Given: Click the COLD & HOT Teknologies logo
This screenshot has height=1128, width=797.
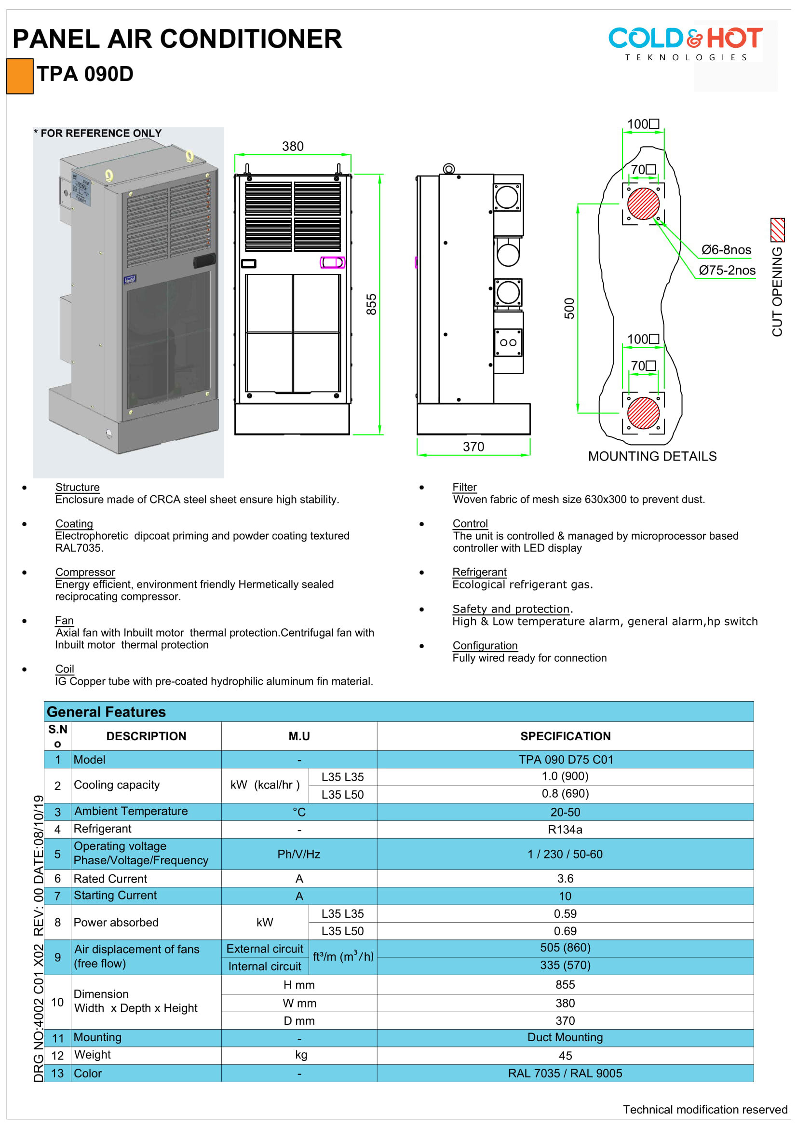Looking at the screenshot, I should (x=685, y=43).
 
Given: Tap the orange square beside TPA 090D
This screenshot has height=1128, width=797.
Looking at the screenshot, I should (x=20, y=76).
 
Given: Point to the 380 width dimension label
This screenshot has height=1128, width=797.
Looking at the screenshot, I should (x=293, y=147).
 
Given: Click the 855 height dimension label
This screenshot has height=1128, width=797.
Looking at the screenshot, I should (x=371, y=304).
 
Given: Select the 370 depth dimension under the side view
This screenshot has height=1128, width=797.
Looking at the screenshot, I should (x=473, y=447).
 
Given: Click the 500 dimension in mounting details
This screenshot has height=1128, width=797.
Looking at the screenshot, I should (x=568, y=309).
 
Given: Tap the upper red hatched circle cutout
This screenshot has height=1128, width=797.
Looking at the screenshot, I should (x=643, y=204).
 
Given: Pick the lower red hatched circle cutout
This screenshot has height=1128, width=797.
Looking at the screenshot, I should (x=643, y=413).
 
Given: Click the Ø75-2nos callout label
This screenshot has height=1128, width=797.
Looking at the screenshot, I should (x=727, y=270).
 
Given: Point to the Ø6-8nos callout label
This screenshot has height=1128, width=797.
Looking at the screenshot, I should (x=726, y=250).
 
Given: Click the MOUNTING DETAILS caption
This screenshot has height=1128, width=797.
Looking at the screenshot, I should (x=652, y=456).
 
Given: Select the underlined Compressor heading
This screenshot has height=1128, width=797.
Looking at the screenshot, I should (x=85, y=572).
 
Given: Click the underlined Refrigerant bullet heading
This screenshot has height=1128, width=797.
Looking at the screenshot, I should (x=479, y=572).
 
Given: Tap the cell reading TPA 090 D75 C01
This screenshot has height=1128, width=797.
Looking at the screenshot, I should (x=566, y=760).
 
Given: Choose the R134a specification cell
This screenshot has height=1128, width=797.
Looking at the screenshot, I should (x=565, y=829).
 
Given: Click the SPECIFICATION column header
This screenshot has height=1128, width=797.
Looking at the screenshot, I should (x=565, y=736).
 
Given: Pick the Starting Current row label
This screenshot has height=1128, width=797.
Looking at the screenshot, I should (x=115, y=895).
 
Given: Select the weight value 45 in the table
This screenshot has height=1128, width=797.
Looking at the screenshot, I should (x=565, y=1055).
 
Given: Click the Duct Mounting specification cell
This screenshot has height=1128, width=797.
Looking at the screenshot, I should (x=565, y=1037).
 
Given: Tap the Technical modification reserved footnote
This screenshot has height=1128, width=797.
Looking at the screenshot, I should (x=705, y=1109).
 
